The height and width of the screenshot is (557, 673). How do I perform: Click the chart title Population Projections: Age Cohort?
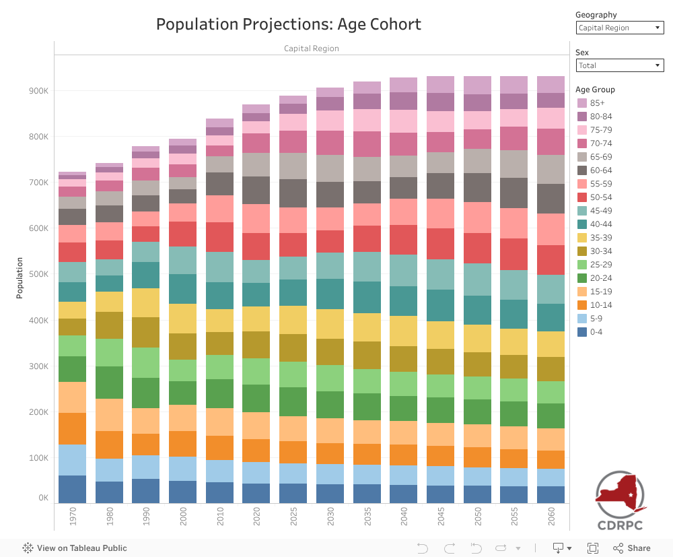tap(289, 25)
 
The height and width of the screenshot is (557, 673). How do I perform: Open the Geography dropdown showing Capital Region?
tap(620, 28)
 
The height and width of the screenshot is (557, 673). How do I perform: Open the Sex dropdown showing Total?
tap(620, 65)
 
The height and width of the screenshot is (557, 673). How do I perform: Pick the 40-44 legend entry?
tap(600, 224)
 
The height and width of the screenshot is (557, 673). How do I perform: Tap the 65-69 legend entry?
tap(600, 156)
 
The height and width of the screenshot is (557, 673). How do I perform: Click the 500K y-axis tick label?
tap(39, 275)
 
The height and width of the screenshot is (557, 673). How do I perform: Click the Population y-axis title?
tap(20, 277)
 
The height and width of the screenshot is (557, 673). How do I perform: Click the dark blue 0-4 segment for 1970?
tap(72, 489)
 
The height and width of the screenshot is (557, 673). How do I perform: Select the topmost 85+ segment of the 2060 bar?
tap(551, 84)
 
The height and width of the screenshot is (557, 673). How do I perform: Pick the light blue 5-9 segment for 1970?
tap(72, 460)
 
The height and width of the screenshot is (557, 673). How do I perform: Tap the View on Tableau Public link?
tap(75, 548)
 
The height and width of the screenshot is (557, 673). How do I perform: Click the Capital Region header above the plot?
tap(311, 48)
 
